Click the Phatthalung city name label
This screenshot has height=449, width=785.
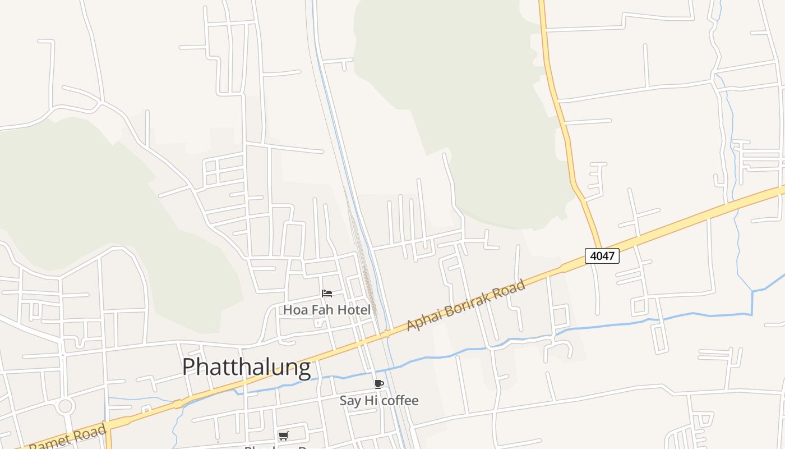(246, 367)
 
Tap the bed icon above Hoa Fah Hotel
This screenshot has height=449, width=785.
(327, 293)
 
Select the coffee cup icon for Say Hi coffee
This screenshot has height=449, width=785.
(379, 384)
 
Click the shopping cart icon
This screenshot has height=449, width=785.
(284, 436)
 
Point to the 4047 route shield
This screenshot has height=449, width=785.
(602, 256)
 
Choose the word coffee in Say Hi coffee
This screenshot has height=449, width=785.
(400, 401)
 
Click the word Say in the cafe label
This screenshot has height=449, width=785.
(350, 401)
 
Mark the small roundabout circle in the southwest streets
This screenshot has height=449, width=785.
(66, 405)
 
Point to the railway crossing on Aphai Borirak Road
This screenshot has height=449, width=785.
(385, 333)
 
